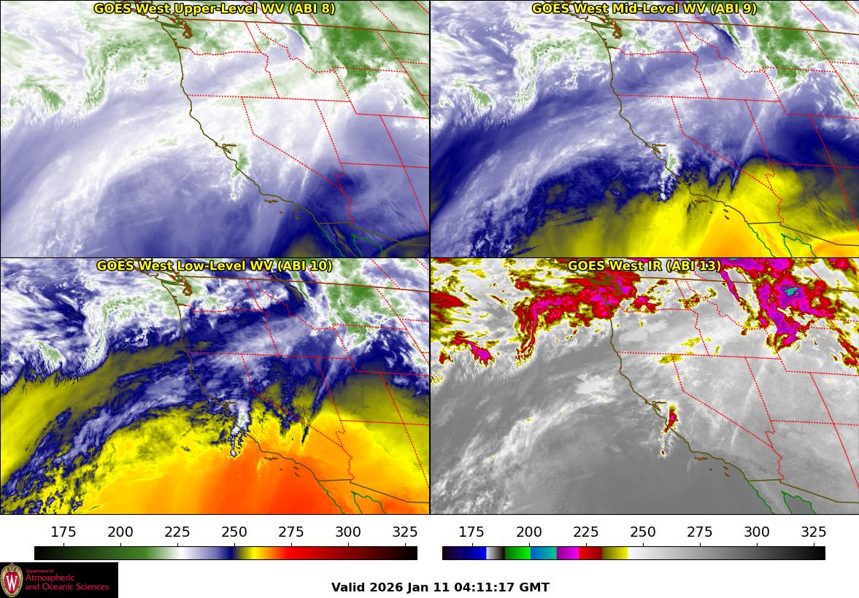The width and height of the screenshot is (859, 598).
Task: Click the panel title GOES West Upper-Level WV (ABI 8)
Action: coord(215,9)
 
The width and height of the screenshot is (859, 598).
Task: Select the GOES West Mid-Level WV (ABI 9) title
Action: coord(644,9)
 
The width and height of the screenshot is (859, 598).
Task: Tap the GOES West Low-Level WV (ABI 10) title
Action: coord(215,266)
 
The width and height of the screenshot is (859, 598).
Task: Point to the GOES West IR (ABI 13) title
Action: coord(644,266)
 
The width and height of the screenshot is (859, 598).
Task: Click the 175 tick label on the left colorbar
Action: coord(64,532)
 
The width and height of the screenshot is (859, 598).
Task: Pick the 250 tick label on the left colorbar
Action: coord(234,532)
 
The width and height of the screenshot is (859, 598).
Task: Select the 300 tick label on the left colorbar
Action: coord(348,532)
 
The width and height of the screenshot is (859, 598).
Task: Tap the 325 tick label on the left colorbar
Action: coord(405,532)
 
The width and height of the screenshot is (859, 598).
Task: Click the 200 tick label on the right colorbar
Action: coord(529,532)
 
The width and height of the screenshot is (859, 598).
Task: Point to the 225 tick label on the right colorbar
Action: coord(586,532)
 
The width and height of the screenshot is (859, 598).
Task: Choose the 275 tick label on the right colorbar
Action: coord(700,532)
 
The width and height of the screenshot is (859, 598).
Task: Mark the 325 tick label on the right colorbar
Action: coord(813,532)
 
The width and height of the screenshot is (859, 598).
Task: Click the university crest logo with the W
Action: coord(12,580)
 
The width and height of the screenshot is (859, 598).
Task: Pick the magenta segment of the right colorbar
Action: coord(568,553)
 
